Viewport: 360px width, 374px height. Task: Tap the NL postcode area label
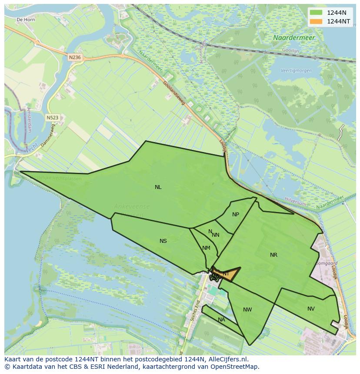click(x=158, y=187)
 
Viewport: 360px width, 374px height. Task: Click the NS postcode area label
click(x=163, y=241)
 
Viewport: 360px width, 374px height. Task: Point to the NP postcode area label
click(x=236, y=215)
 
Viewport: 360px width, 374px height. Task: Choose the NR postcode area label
click(x=273, y=255)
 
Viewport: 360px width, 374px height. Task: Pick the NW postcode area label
click(x=247, y=310)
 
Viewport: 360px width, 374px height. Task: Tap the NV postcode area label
click(x=311, y=309)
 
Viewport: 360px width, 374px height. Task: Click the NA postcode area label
click(x=221, y=320)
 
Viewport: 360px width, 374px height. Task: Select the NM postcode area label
click(x=206, y=248)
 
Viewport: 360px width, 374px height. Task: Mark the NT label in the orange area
click(x=225, y=274)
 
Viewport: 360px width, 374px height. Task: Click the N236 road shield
click(x=75, y=57)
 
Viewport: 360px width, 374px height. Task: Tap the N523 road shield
click(x=52, y=117)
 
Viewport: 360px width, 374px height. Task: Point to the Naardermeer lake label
click(x=294, y=38)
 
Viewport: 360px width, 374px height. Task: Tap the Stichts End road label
click(x=193, y=310)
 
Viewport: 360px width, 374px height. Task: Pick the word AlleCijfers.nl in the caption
click(x=227, y=359)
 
